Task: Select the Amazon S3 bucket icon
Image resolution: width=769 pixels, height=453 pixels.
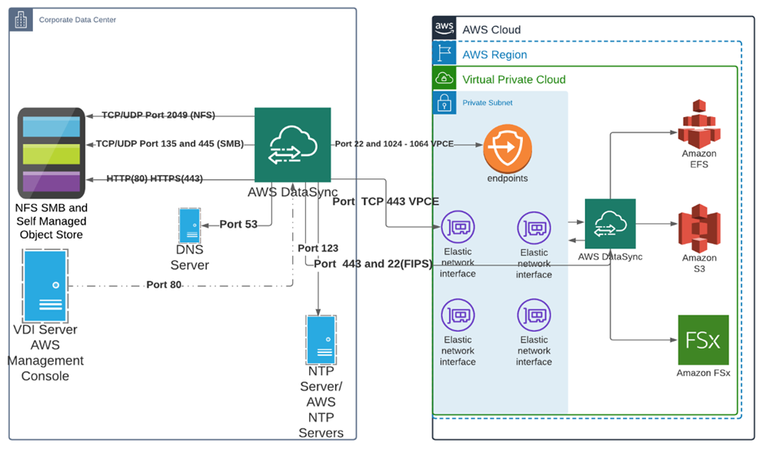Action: click(698, 228)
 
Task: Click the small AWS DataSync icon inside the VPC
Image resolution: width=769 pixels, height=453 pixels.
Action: click(610, 224)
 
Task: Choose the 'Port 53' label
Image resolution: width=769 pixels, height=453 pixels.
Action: click(238, 225)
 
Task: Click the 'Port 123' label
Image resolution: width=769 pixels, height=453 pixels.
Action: click(318, 248)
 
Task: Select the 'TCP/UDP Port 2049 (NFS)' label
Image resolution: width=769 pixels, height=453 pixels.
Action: click(158, 115)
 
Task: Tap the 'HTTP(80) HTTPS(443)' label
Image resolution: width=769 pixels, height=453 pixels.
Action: click(155, 178)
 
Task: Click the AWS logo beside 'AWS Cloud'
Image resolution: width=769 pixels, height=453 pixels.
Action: click(444, 29)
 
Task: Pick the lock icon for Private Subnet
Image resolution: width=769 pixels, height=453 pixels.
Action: click(444, 102)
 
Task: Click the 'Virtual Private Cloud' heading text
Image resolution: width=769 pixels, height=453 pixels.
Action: click(514, 79)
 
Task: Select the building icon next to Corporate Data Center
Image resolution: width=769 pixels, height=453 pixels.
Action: click(21, 20)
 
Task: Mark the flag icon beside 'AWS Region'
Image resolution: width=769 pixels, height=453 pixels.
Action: click(444, 54)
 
